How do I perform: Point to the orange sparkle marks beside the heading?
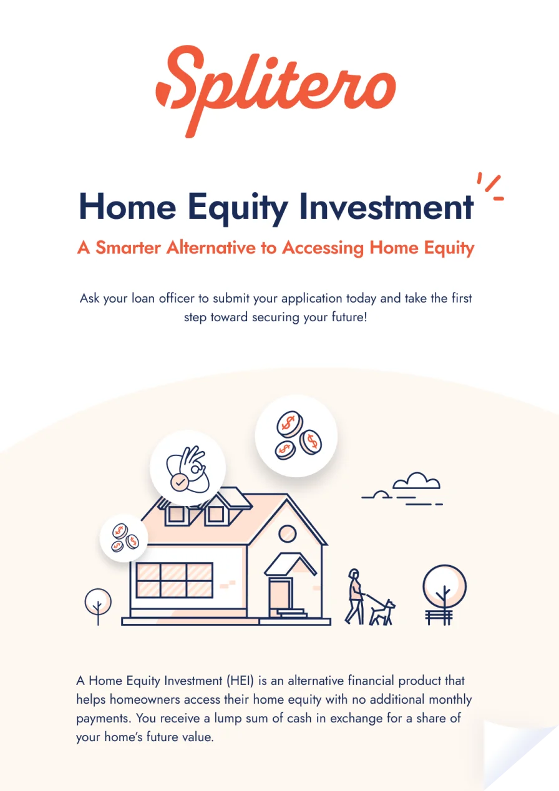point(490,187)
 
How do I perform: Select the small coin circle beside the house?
point(124,537)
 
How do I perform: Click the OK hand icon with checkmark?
point(187,468)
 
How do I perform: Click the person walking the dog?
point(356,596)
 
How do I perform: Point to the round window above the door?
point(287,534)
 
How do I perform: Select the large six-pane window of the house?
point(174,580)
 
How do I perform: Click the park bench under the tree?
point(439,617)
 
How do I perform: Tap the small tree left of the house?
point(98,604)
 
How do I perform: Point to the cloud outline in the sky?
point(416,481)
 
